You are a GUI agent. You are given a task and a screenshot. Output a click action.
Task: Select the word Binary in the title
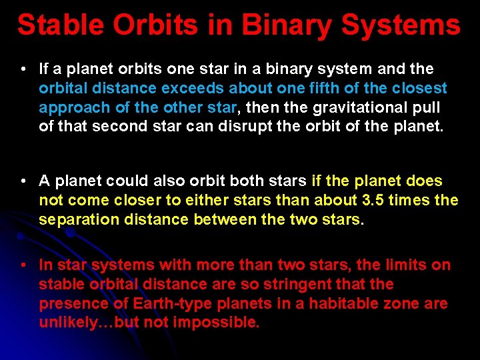pos(287,25)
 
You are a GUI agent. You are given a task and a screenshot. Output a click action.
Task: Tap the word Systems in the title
pos(401,25)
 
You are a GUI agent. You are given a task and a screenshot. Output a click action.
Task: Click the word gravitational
pos(326,107)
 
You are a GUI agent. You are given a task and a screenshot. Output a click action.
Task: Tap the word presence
pos(69,303)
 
